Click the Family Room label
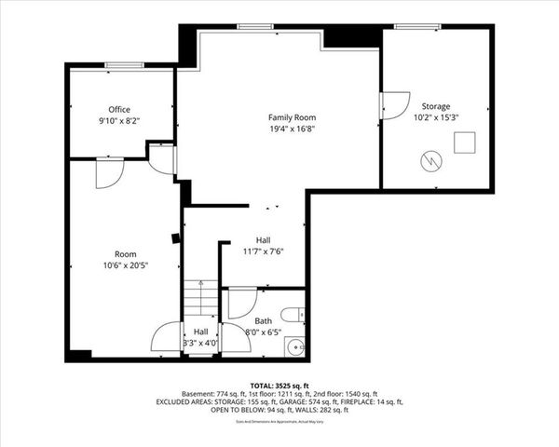pos(293,117)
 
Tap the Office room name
pos(119,110)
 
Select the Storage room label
pos(435,106)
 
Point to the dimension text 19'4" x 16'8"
pos(293,129)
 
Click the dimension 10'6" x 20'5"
pos(125,265)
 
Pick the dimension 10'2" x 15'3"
pos(435,118)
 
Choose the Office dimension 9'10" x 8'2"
pos(119,121)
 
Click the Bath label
pos(264,321)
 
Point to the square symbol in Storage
pos(465,142)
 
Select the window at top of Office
pos(124,65)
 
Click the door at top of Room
pos(109,171)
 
